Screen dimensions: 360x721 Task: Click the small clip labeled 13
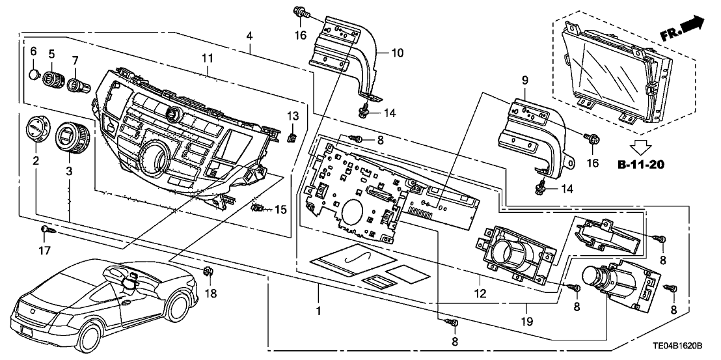pyautogui.click(x=293, y=137)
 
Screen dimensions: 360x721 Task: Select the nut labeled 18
pyautogui.click(x=208, y=271)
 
